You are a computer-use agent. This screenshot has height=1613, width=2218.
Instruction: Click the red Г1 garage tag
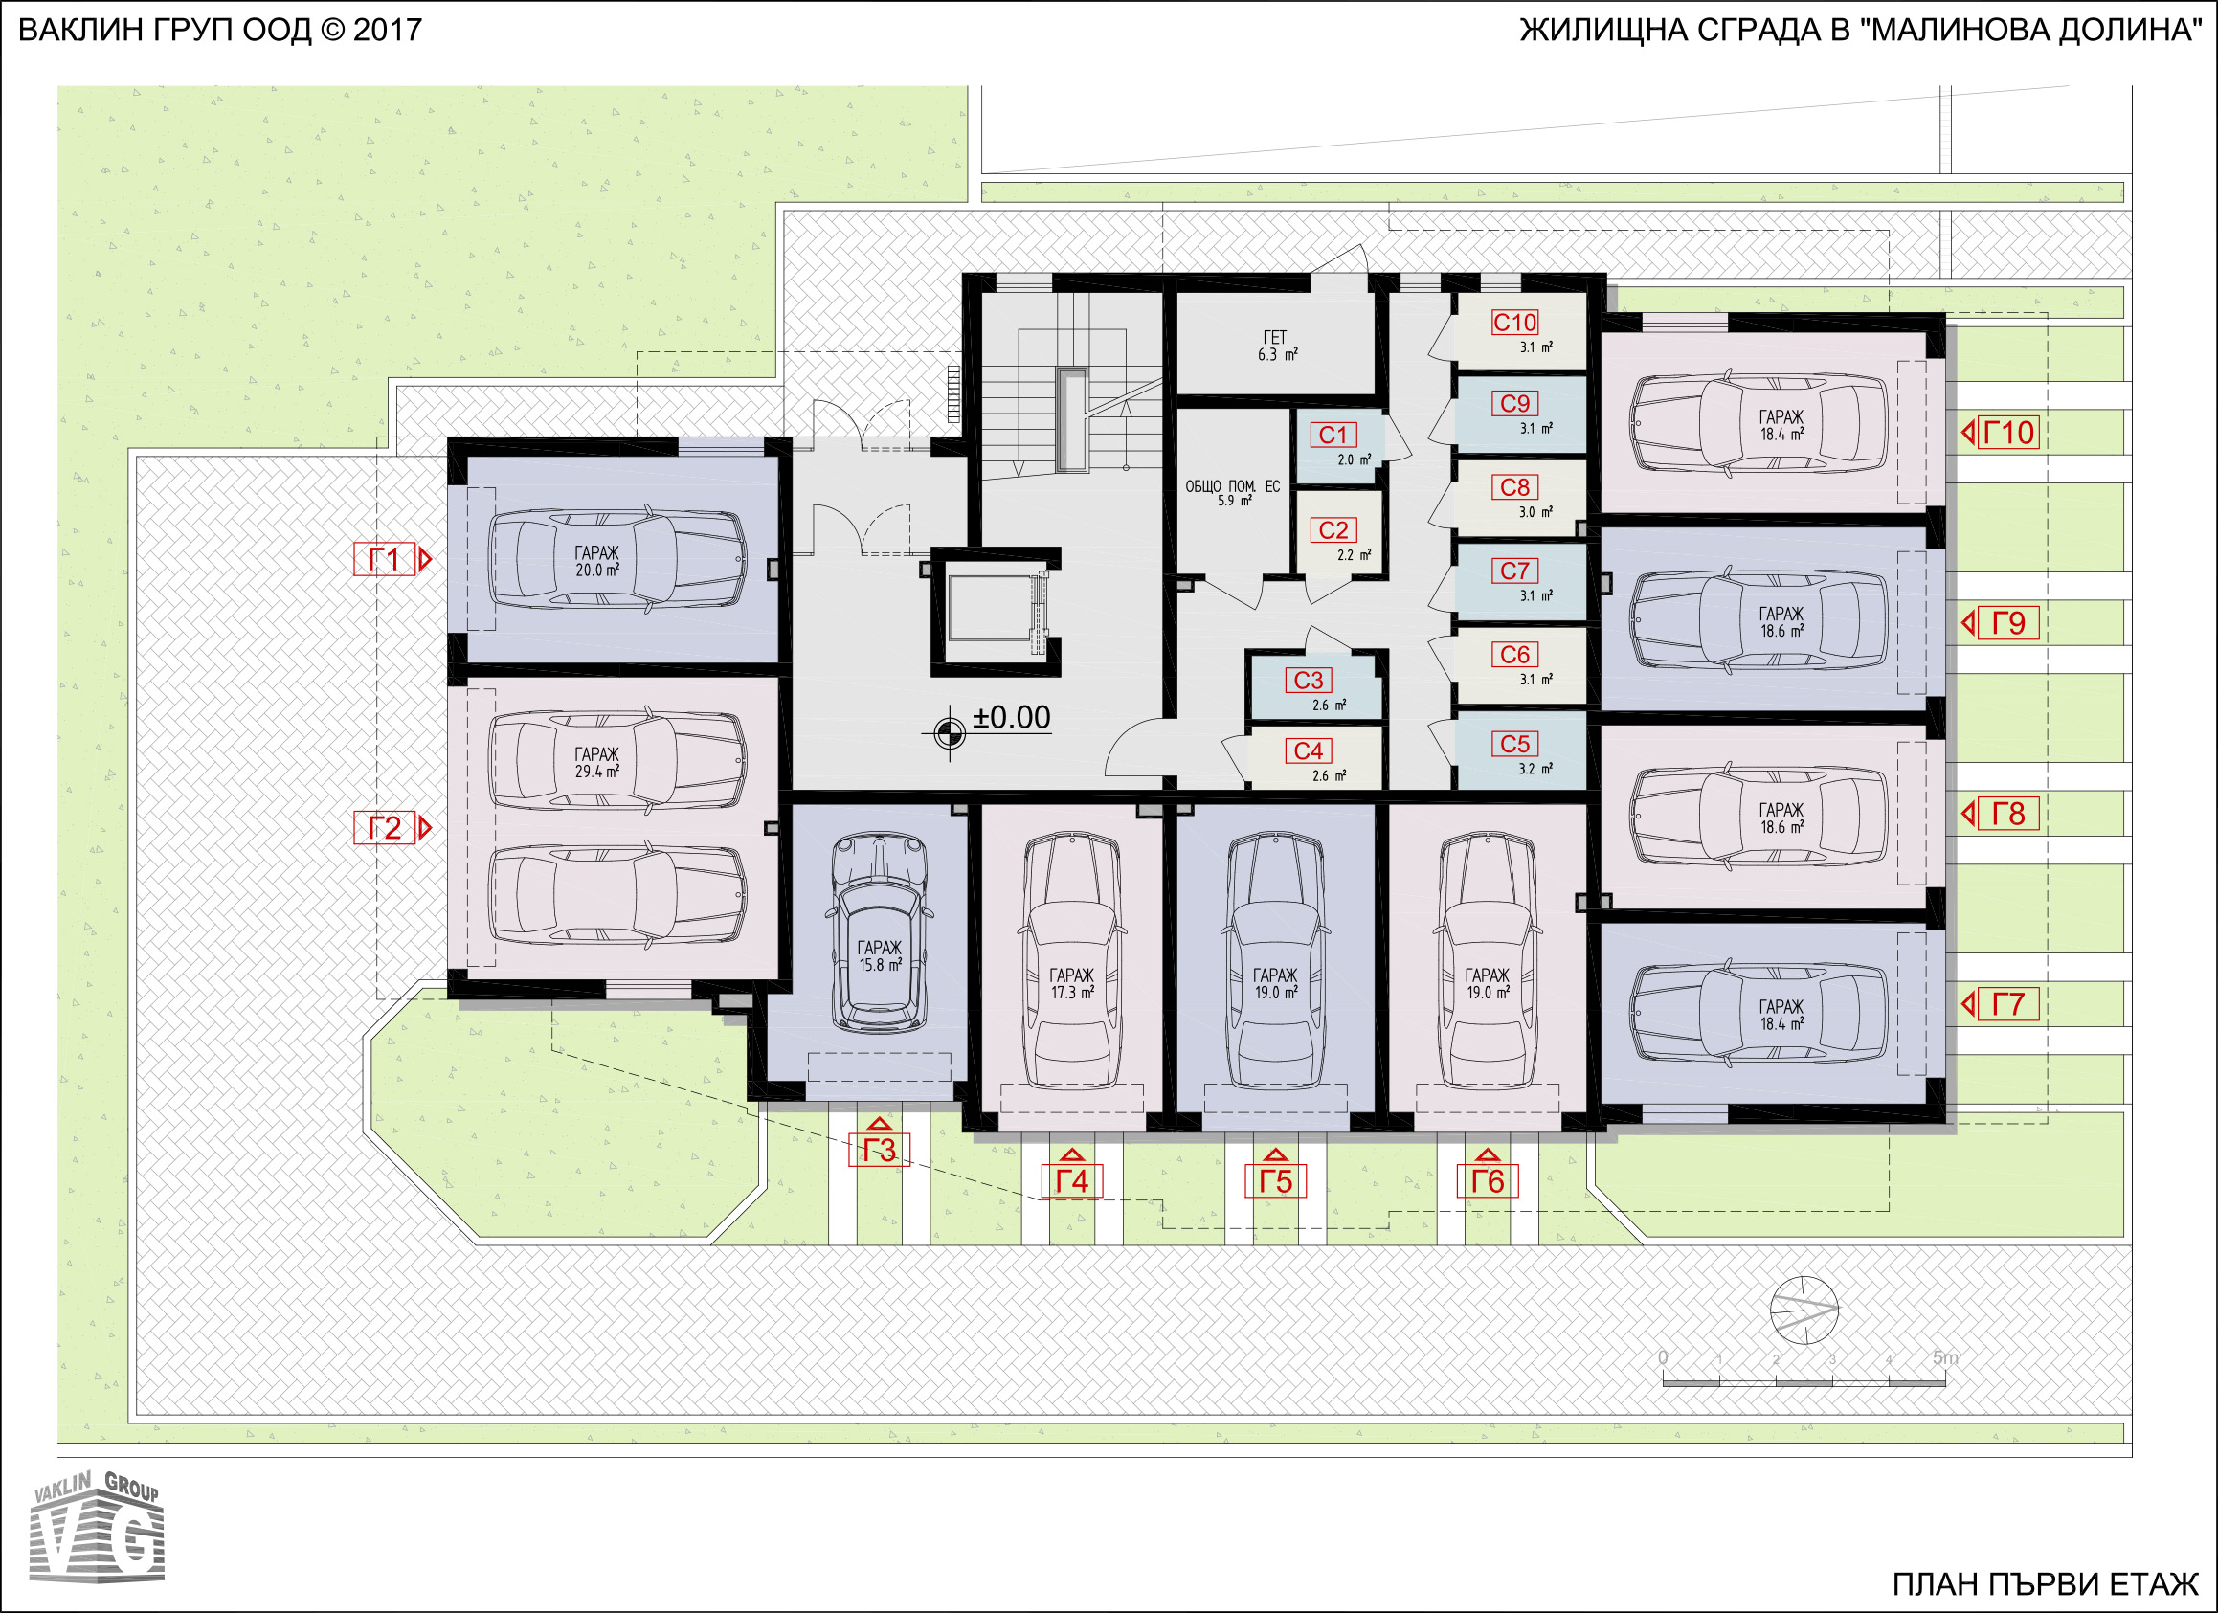point(384,559)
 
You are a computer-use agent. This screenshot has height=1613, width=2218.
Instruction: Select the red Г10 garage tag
point(2008,433)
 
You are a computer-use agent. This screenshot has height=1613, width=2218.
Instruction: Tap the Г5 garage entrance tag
point(1275,1181)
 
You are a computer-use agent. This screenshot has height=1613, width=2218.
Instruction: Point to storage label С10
point(1514,322)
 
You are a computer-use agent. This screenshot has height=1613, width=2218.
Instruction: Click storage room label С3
point(1309,680)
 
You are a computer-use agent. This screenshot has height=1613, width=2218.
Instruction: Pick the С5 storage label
point(1514,744)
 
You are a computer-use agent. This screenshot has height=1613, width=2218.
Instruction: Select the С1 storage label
point(1333,436)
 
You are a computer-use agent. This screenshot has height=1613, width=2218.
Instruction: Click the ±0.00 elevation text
point(1011,717)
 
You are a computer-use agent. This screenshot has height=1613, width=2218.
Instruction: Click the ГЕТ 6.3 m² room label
point(1277,347)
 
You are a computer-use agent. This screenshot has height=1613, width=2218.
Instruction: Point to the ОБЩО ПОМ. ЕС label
point(1232,486)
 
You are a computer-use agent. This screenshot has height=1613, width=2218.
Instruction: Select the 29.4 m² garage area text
point(597,771)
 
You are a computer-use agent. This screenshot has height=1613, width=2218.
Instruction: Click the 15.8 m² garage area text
point(879,965)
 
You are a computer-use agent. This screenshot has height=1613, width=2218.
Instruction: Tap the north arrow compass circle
point(1804,1310)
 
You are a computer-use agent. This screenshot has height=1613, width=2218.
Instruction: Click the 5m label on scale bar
point(1945,1357)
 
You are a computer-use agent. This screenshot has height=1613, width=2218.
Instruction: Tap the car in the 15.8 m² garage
point(879,932)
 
